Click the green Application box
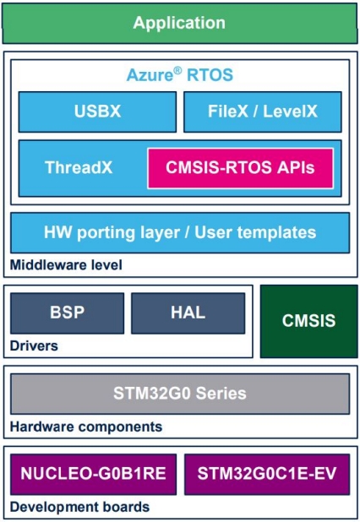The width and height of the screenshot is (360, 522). point(180,23)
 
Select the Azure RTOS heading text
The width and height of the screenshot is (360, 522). point(180,74)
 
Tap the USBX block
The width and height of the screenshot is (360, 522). point(97,111)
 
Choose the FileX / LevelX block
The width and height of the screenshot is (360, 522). point(263,111)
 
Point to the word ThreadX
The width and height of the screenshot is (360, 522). point(79,167)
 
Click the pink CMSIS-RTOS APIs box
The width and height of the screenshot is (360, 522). point(241,168)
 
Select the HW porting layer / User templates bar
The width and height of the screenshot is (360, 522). point(180,232)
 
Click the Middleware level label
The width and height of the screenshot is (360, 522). point(66,265)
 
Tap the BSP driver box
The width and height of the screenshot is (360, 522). point(68,313)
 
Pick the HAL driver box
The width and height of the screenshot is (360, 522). point(188,313)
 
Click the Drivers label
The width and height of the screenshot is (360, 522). point(34,346)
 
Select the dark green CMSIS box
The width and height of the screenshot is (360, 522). point(309,321)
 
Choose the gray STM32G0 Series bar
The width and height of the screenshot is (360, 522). point(180,394)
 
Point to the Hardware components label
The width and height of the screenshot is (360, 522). point(86,427)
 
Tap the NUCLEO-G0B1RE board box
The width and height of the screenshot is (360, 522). point(94,474)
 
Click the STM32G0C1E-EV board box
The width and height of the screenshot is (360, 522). point(267,474)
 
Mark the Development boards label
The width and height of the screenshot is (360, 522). point(80,507)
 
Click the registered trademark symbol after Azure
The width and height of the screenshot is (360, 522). point(177,70)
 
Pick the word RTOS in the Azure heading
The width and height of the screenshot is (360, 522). point(210,75)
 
